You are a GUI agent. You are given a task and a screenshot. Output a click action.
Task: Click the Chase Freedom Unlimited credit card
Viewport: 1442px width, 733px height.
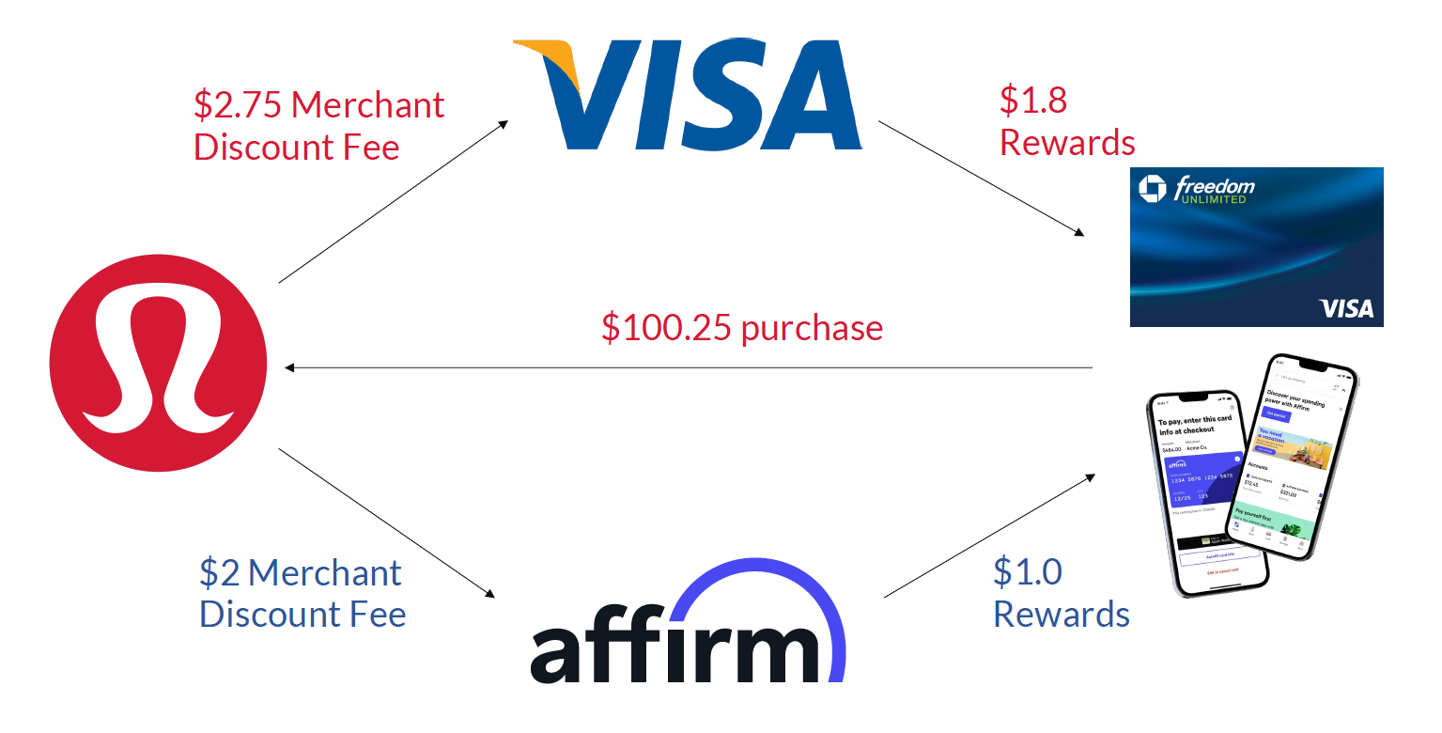[x=1256, y=246]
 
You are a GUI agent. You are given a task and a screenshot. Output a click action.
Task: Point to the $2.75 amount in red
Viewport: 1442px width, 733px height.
[x=237, y=104]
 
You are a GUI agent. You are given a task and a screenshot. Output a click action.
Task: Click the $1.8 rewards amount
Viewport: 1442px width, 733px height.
[x=1033, y=100]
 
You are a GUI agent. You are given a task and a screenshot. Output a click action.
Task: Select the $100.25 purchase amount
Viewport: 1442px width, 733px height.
[x=667, y=327]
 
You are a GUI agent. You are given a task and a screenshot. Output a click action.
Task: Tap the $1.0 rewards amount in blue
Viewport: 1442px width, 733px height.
[x=1027, y=571]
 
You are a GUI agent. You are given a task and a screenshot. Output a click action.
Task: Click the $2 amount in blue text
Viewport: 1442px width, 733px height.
[x=220, y=572]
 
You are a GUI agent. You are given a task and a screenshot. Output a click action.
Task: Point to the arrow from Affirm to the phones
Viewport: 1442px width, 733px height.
[x=988, y=536]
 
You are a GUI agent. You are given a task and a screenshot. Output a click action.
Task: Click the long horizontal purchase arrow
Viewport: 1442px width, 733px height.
[x=690, y=367]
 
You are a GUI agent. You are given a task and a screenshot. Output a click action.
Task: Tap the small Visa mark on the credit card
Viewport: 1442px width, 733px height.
[x=1346, y=308]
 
